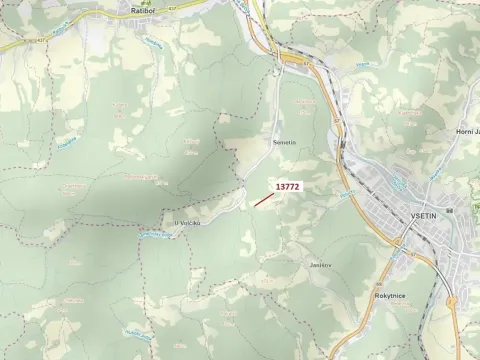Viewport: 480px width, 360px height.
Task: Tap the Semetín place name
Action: pyautogui.click(x=284, y=144)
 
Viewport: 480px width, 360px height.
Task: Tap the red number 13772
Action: pyautogui.click(x=288, y=186)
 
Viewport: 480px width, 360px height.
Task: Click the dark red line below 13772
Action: pyautogui.click(x=264, y=199)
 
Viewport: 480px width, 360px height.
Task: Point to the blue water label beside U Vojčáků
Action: pyautogui.click(x=155, y=235)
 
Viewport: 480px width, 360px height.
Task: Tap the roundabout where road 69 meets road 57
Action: pyautogui.click(x=451, y=300)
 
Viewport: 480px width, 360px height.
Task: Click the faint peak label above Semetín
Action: pyautogui.click(x=300, y=103)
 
